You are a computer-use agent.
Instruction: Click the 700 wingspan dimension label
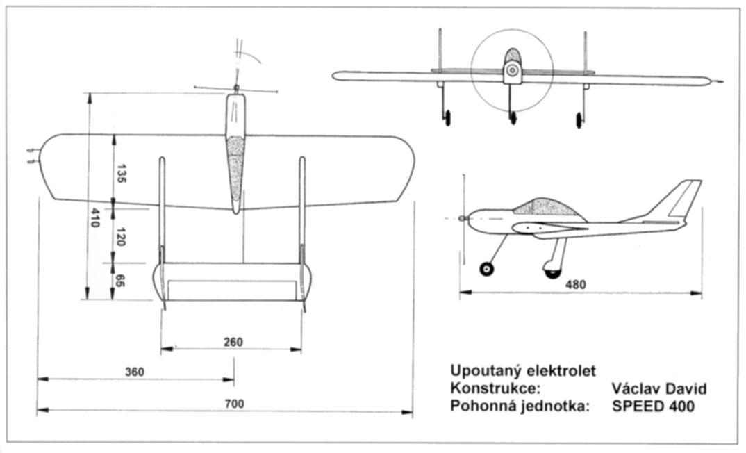click(235, 404)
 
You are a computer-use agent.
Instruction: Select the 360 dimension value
click(134, 372)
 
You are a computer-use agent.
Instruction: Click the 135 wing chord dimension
click(121, 173)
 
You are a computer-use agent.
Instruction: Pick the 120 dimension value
click(120, 237)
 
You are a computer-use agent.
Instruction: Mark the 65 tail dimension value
click(120, 281)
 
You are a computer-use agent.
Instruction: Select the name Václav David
click(659, 389)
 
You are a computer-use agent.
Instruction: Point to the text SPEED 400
click(652, 406)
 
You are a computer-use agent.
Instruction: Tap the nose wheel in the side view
click(487, 269)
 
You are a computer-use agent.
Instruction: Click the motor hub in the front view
click(512, 69)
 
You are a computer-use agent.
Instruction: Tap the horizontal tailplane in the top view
click(233, 281)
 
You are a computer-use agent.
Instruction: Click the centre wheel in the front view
click(513, 117)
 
